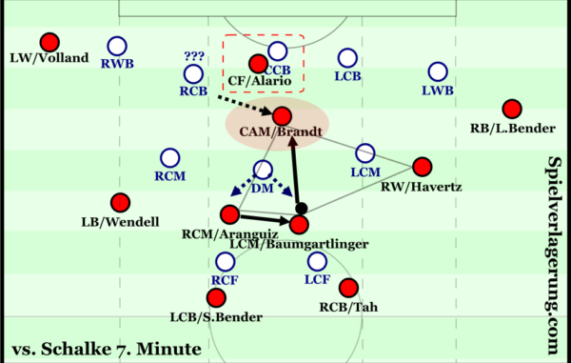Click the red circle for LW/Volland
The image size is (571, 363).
[x=49, y=42]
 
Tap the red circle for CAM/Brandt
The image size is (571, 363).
[x=281, y=115]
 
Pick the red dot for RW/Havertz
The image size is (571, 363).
[x=422, y=166]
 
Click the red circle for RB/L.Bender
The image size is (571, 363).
[x=512, y=109]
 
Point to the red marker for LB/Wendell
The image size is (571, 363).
[x=119, y=202]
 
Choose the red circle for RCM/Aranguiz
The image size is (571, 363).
[x=229, y=213]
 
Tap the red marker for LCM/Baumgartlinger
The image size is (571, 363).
[x=300, y=225]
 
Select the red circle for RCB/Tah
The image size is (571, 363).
[x=348, y=287]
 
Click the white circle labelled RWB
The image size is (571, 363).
[x=117, y=45]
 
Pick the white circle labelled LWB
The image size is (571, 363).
[x=438, y=71]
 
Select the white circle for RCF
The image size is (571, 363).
[x=226, y=261]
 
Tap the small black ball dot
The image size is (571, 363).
[x=301, y=207]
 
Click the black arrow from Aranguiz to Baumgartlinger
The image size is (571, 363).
[x=263, y=219]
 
